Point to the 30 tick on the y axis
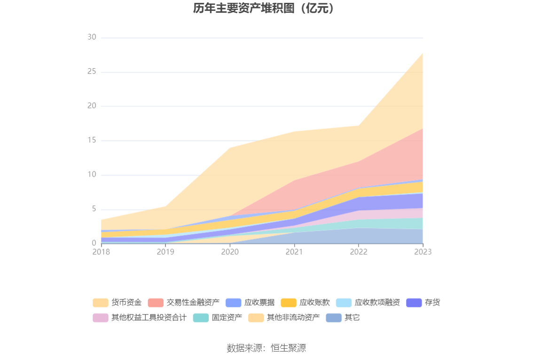(92, 38)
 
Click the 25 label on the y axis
(92, 72)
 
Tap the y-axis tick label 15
(92, 141)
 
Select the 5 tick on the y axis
(94, 209)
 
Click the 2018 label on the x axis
(101, 252)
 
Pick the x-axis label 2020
(230, 252)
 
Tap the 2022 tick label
(359, 252)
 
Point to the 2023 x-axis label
(423, 252)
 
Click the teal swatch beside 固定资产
(201, 318)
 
